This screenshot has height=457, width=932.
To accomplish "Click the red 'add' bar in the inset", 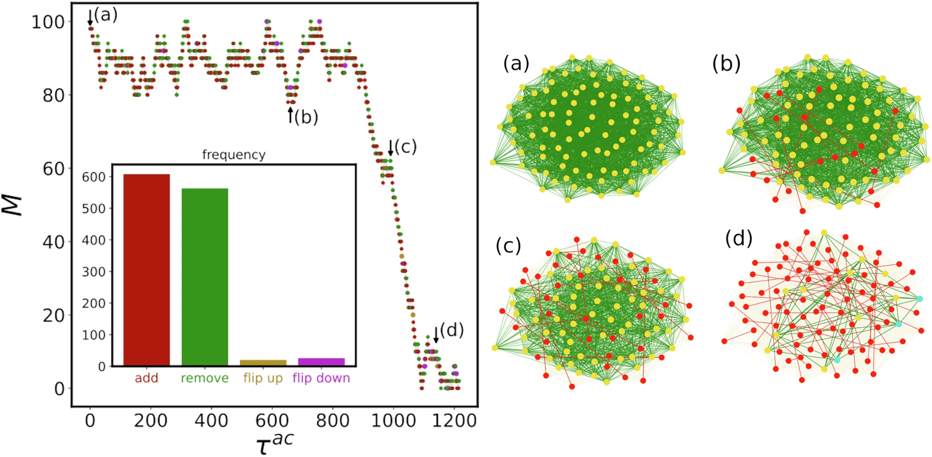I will pos(146,270).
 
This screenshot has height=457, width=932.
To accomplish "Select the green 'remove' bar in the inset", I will pos(205,276).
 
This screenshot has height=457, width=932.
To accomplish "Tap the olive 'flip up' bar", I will pos(263,363).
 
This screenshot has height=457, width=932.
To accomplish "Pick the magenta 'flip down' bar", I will pos(321,362).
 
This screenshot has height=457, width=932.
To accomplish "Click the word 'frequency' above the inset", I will pos(234,155).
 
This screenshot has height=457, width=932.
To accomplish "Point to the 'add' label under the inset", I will pos(146,378).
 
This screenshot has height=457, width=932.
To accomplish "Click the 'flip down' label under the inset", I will pos(321,378).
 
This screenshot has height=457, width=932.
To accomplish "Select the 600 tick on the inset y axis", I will pos(93,177).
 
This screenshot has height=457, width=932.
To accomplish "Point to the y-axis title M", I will pos(14,206).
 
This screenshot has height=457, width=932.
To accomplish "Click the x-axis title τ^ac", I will pos(275,442).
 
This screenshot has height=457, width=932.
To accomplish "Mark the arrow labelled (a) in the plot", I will pos(90,20).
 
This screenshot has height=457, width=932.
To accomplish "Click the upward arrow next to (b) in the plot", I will pos(290,115).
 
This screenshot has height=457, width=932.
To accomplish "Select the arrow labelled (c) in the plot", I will pos(390,148).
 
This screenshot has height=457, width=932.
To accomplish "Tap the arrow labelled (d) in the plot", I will pos(436,334).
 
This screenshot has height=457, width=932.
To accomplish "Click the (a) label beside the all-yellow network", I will pos(516,64).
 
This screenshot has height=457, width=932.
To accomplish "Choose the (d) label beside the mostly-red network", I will pos(739,239).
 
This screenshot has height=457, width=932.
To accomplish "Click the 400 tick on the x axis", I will pos(211,421).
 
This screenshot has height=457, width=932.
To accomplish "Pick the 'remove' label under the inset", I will pos(205,378).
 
